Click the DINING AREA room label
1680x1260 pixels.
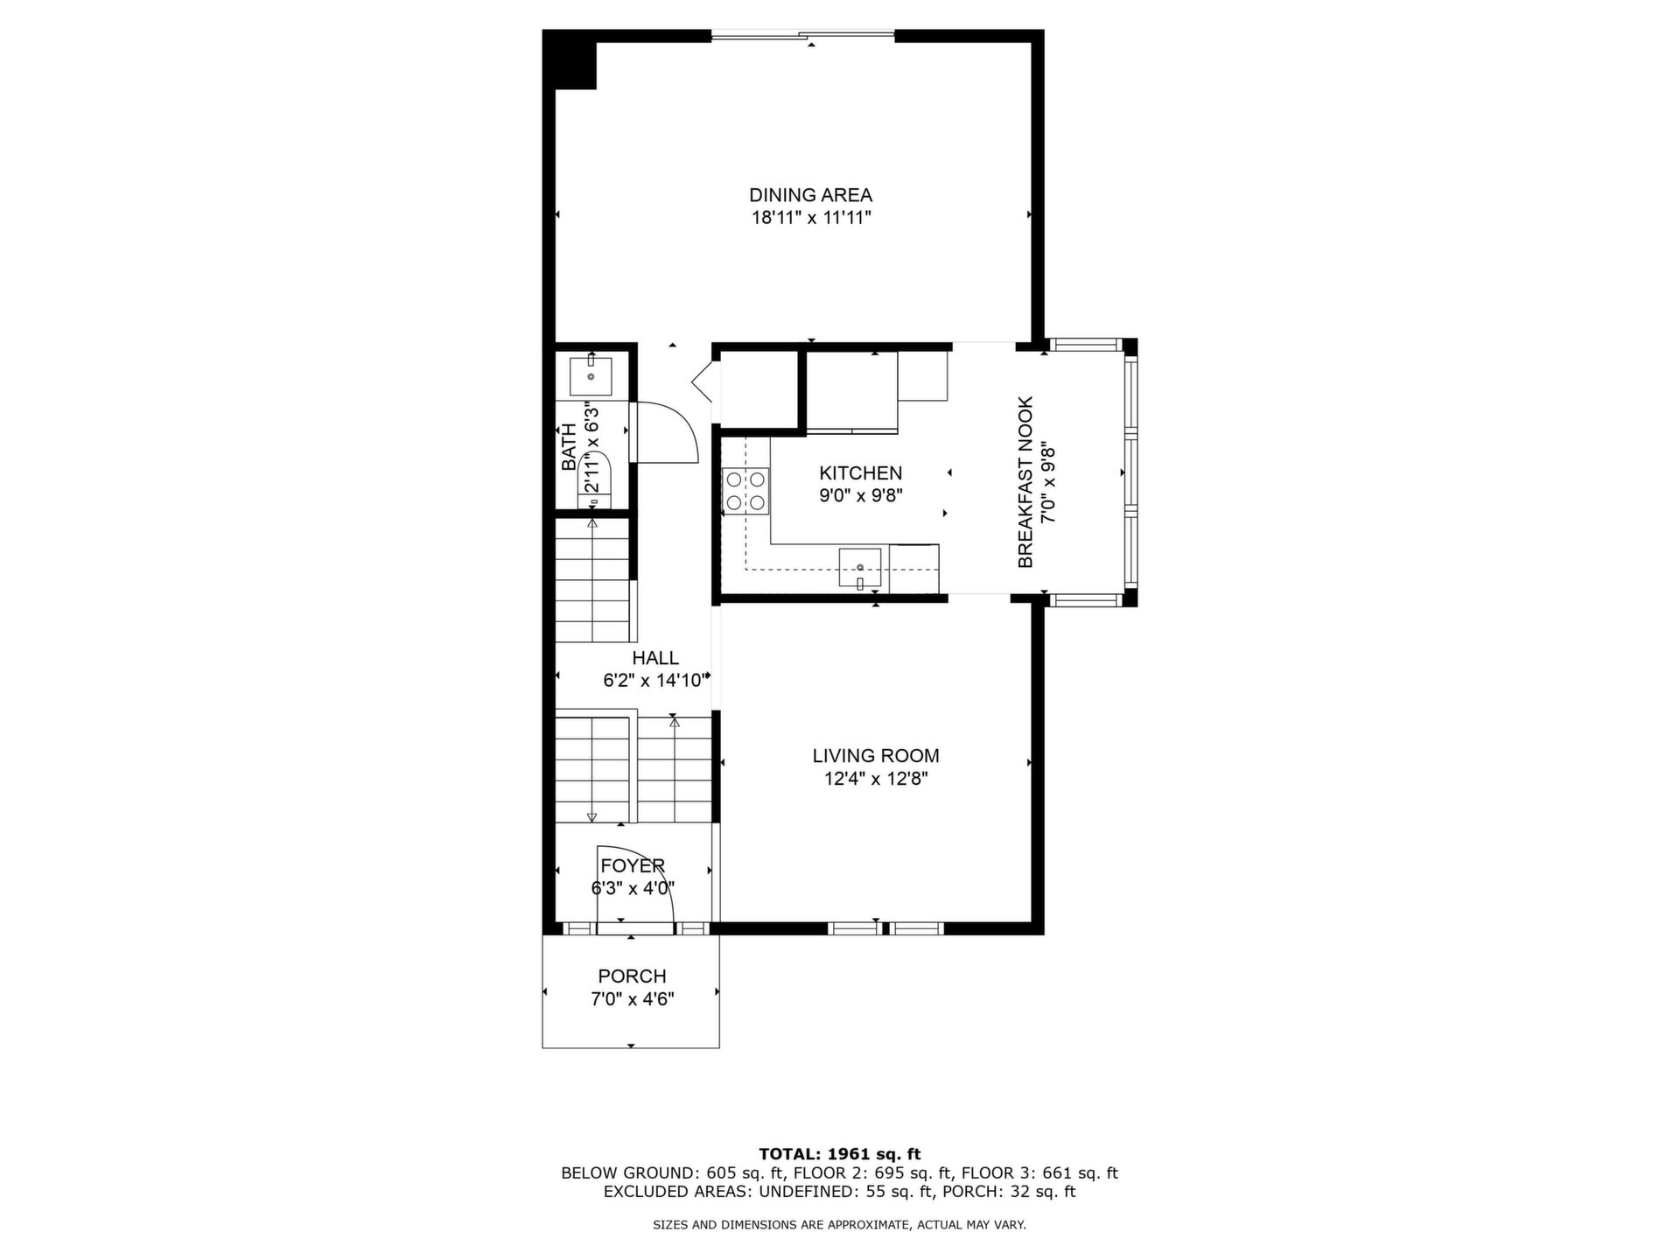point(810,195)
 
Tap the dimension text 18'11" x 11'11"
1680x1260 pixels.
point(811,218)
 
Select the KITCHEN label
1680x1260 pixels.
point(860,473)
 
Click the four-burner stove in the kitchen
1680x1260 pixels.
point(745,491)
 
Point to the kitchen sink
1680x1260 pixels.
point(860,568)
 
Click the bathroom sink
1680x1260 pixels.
point(591,376)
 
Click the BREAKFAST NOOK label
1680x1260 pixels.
point(1025,482)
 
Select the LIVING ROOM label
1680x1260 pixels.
point(876,756)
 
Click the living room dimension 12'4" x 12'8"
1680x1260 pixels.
point(876,779)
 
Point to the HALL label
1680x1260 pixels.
point(655,658)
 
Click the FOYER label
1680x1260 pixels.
point(633,866)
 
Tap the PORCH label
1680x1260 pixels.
point(632,976)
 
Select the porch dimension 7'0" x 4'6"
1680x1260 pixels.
point(632,999)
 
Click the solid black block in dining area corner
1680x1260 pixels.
point(570,59)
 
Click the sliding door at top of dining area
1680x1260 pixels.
point(803,35)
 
